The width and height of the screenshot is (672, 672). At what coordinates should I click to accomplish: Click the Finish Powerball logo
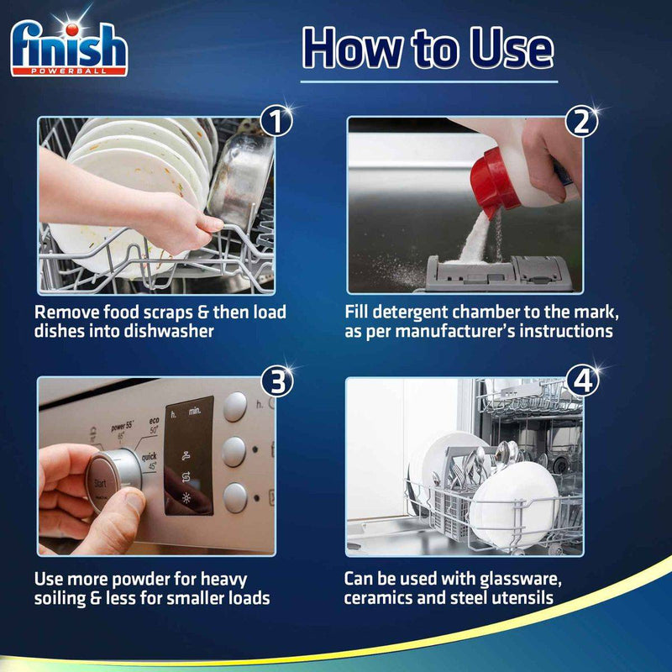(69, 48)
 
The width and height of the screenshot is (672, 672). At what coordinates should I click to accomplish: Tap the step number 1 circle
(275, 123)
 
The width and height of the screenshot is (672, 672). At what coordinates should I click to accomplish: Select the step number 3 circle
(275, 382)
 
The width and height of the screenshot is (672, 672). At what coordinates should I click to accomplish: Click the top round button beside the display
(236, 407)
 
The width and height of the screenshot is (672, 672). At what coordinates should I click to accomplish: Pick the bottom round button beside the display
(236, 497)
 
